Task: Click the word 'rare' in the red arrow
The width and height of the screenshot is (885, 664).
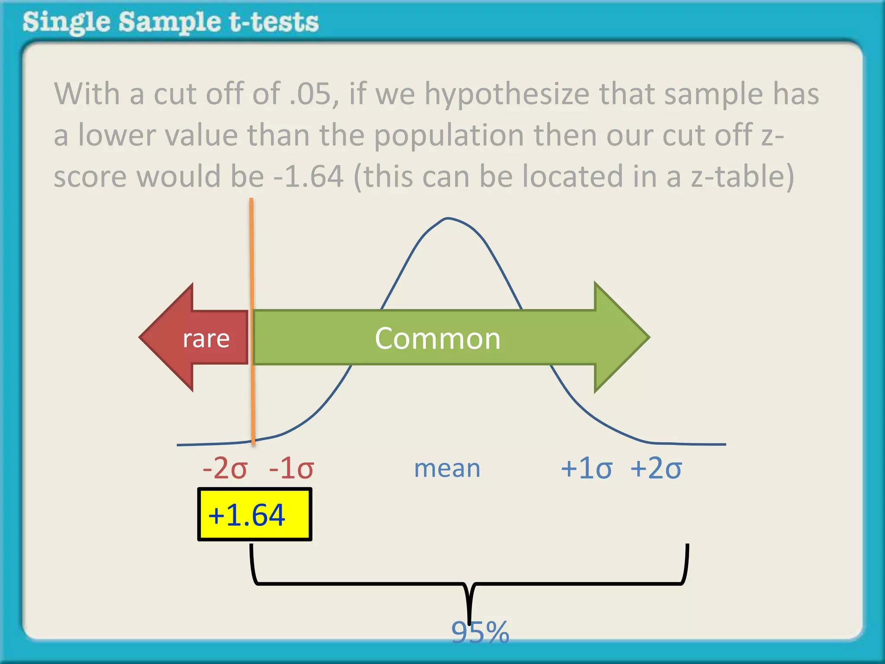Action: point(206,338)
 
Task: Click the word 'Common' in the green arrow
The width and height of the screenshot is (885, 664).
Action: point(437,338)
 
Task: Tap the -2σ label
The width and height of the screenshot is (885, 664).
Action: point(225,468)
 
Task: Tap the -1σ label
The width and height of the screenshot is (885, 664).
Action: point(291,468)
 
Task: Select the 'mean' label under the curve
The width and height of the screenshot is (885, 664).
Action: point(447,468)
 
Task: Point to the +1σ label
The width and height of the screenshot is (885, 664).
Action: point(586,468)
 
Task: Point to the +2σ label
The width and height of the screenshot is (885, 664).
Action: point(656,468)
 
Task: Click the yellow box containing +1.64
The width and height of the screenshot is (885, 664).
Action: point(255,514)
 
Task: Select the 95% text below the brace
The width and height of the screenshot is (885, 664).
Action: point(480,632)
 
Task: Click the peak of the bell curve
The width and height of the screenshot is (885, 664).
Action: point(448,218)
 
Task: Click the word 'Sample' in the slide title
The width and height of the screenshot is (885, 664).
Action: point(169,22)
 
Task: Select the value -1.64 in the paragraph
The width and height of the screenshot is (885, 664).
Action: point(309,177)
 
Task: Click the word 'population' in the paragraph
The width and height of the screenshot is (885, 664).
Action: point(449,135)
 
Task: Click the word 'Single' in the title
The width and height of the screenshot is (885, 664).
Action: point(66,22)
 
